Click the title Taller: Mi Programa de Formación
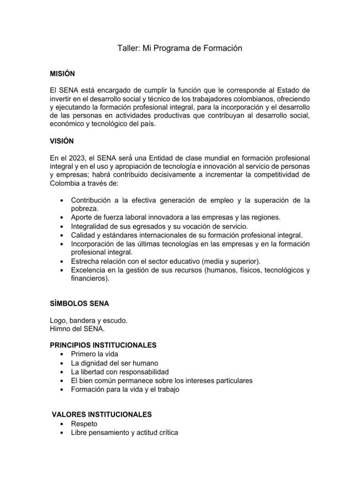click(x=180, y=49)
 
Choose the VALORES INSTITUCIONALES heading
click(x=101, y=414)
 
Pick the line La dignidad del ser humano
click(x=114, y=363)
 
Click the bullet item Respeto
click(x=84, y=424)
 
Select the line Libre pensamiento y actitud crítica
click(x=124, y=433)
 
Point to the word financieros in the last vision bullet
click(x=89, y=278)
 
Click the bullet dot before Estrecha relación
click(x=62, y=261)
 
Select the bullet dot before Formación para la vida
click(x=62, y=390)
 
